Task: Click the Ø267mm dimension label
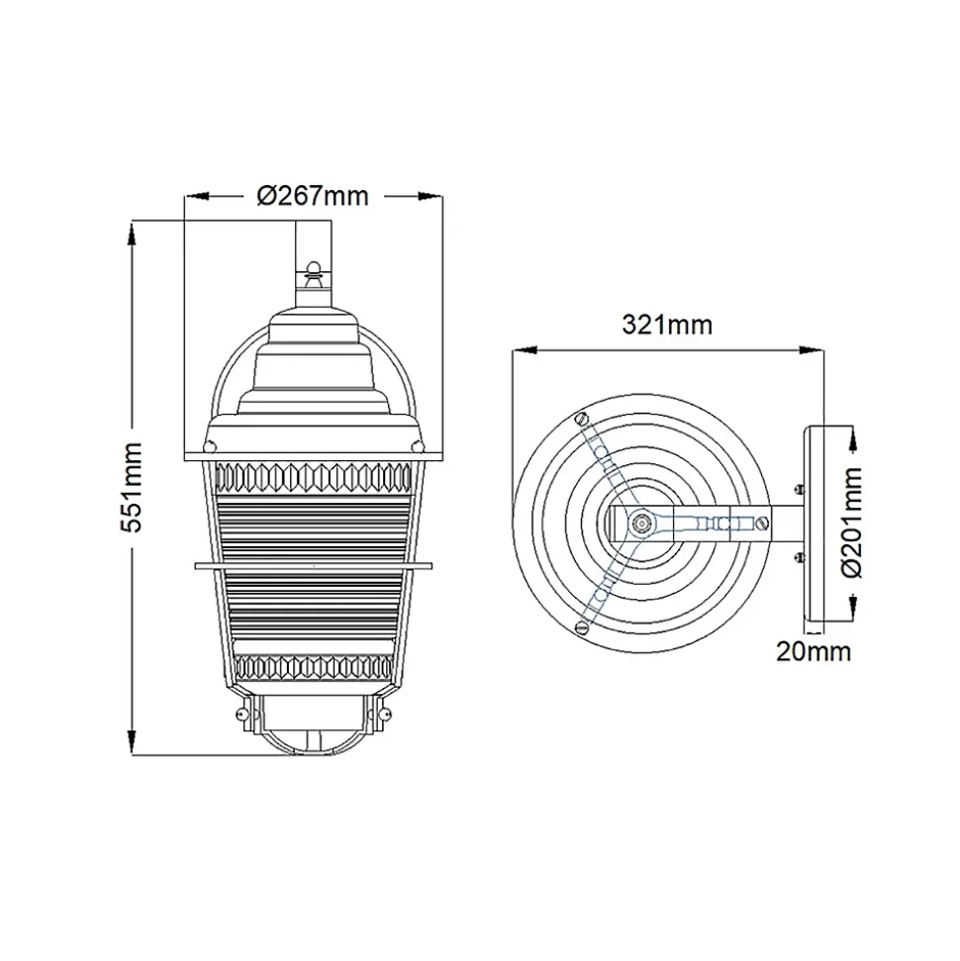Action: (x=313, y=196)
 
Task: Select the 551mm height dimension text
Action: (x=132, y=487)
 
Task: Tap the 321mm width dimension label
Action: (x=667, y=325)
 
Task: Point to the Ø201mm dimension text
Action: (x=852, y=522)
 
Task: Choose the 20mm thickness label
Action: (x=814, y=651)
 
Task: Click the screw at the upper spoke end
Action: (x=582, y=420)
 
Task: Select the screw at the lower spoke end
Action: (x=582, y=626)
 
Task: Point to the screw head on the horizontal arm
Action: (x=763, y=523)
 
